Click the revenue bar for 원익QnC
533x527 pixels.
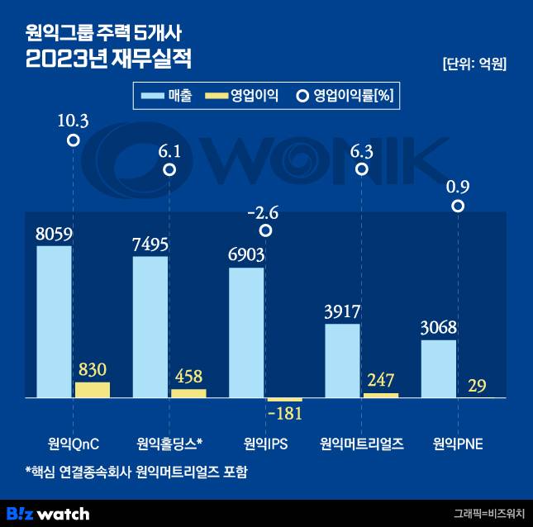[x=55, y=322]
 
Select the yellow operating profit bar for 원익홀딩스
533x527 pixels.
[x=188, y=393]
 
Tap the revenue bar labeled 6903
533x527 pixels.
[x=246, y=332]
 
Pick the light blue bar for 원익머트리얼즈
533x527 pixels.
[x=342, y=360]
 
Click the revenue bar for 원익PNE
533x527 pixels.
[x=438, y=368]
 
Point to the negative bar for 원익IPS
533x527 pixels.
[x=284, y=400]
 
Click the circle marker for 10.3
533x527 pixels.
[x=74, y=141]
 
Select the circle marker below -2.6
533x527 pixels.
[x=265, y=231]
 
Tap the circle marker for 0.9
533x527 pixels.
[x=458, y=205]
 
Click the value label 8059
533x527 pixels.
[x=54, y=235]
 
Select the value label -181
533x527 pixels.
[x=284, y=412]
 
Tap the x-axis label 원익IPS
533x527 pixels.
[x=265, y=444]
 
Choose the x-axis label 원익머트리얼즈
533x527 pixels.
[x=362, y=444]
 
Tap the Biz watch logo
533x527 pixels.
[x=48, y=513]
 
